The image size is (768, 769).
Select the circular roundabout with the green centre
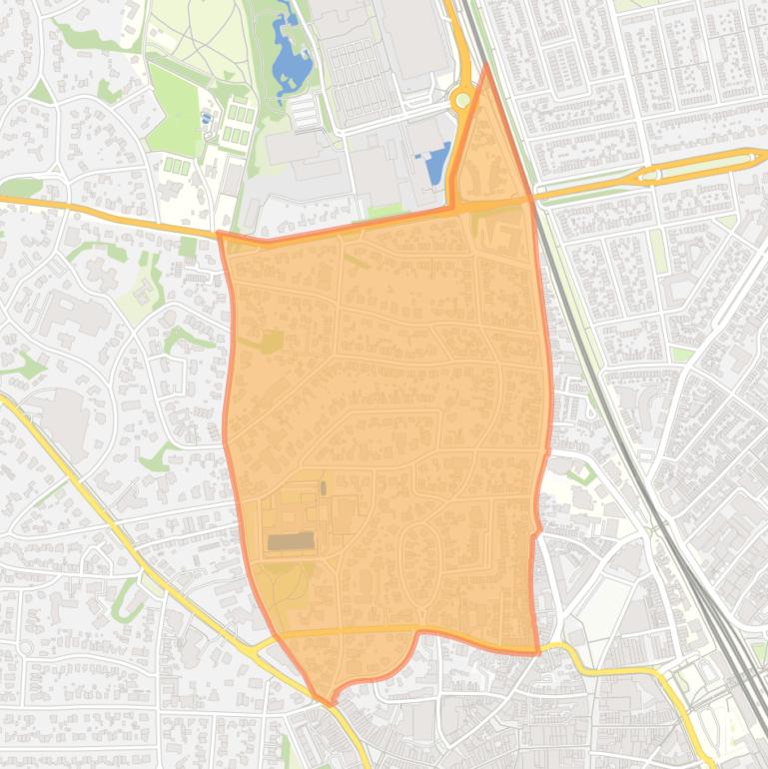click(462, 100)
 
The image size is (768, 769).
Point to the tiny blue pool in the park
click(207, 118)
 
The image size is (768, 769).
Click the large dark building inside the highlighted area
click(291, 541)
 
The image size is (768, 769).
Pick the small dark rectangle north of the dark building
click(323, 488)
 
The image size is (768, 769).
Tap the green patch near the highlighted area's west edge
click(271, 342)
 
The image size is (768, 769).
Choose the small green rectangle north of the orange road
click(384, 210)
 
